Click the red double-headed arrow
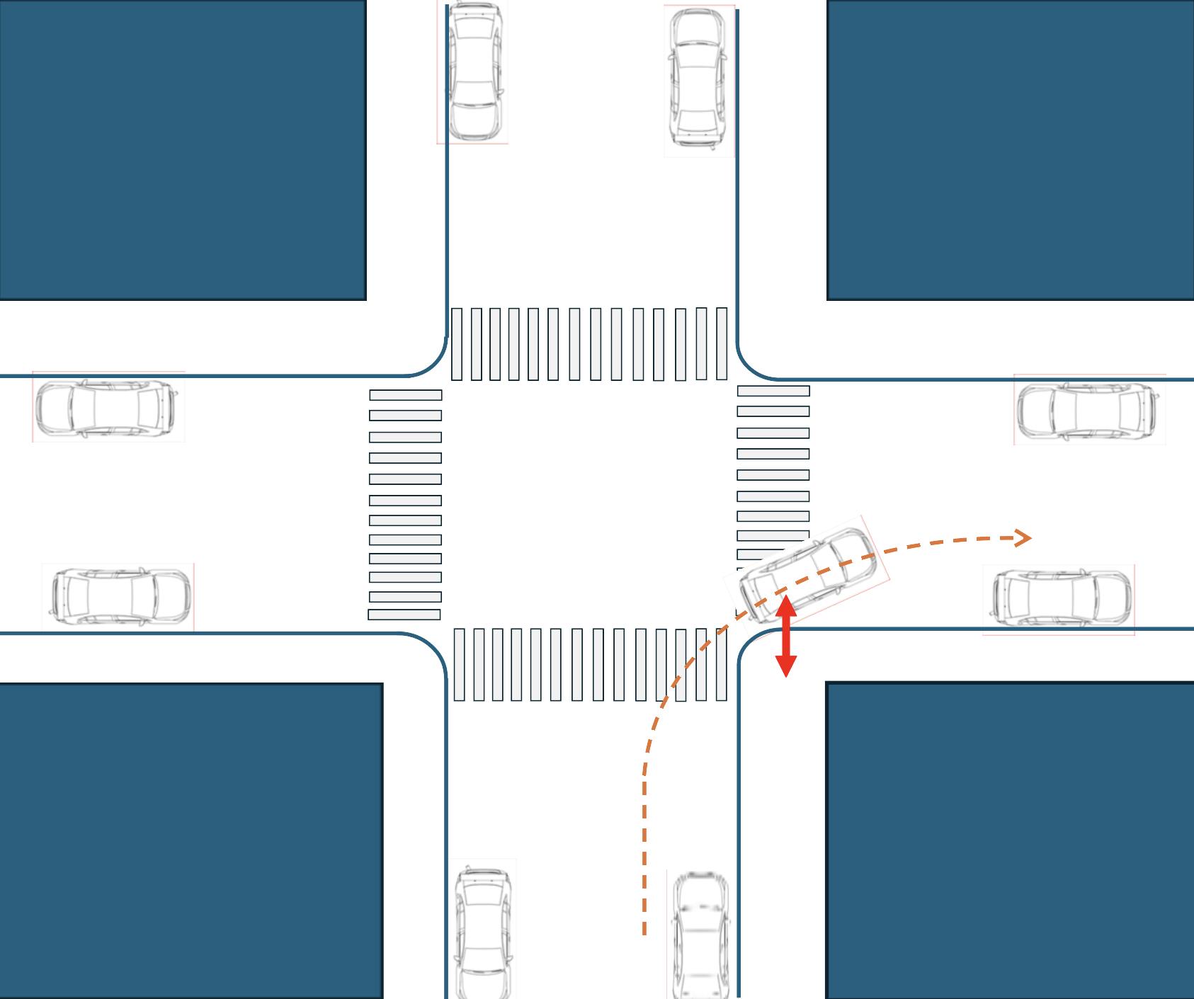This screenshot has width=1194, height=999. [786, 636]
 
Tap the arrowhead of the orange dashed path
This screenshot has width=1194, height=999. [1023, 538]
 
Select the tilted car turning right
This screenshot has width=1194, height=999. [807, 571]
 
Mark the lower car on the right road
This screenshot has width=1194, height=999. [1061, 599]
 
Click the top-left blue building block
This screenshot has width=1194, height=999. [183, 149]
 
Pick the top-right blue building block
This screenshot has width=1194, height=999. [1010, 149]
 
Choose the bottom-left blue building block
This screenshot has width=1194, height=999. [191, 841]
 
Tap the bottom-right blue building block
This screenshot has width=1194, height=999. [1010, 841]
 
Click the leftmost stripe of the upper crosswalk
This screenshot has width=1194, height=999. [457, 344]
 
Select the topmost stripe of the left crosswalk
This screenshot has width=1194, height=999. [405, 395]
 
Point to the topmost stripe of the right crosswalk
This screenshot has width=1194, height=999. [773, 391]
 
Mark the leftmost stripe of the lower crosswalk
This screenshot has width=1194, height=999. [459, 664]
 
